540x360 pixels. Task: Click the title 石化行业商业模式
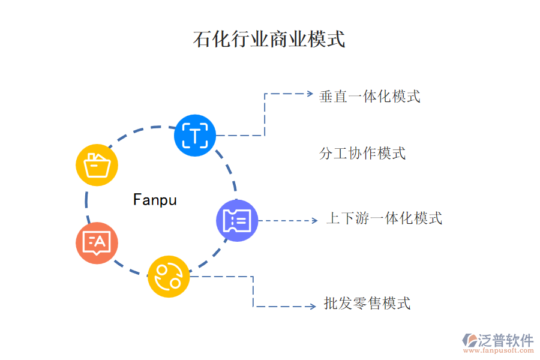point(269,40)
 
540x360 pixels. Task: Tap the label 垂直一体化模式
point(370,96)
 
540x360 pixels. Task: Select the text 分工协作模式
point(362,153)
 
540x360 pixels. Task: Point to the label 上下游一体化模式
point(384,218)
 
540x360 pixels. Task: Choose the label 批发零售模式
point(367,304)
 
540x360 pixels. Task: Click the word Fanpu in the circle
point(155,199)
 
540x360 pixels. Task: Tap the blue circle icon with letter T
point(194,136)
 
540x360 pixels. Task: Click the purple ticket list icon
point(236,221)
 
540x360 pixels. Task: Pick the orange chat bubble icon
point(97,243)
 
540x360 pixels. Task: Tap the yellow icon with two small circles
point(169,277)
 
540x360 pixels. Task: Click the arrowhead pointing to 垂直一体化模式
point(310,94)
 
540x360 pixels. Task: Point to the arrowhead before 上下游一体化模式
point(314,221)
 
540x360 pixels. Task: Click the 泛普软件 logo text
point(505,340)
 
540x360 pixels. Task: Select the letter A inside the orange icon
point(100,241)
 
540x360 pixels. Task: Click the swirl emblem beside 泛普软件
point(469,341)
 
